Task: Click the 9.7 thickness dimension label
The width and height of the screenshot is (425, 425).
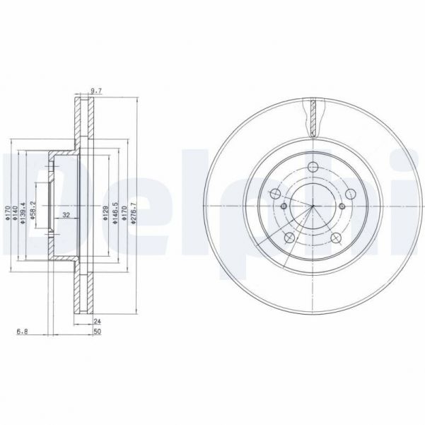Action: [x=97, y=90]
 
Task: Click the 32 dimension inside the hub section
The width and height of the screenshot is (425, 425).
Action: [x=65, y=214]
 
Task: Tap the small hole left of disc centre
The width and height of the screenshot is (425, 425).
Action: [x=283, y=206]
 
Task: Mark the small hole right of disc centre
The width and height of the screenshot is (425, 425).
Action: [x=341, y=206]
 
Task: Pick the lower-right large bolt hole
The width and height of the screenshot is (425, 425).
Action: [x=337, y=238]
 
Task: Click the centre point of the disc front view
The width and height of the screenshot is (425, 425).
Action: [x=312, y=206]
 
